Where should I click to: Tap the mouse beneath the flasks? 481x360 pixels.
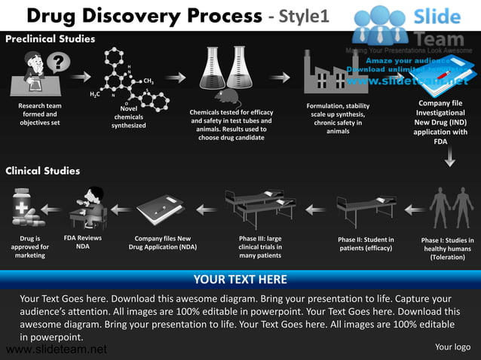pyautogui.click(x=225, y=96)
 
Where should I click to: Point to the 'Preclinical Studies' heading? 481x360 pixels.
pyautogui.click(x=51, y=38)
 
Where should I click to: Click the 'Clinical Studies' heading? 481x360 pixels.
pyautogui.click(x=43, y=171)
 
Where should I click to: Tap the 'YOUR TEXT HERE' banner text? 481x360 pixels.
pyautogui.click(x=240, y=280)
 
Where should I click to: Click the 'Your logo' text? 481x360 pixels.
pyautogui.click(x=452, y=346)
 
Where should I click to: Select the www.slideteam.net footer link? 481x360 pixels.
pyautogui.click(x=54, y=349)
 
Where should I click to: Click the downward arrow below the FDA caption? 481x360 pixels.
pyautogui.click(x=449, y=157)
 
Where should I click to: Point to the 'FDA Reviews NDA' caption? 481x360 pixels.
pyautogui.click(x=83, y=242)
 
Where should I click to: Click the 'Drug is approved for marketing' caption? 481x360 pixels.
pyautogui.click(x=30, y=247)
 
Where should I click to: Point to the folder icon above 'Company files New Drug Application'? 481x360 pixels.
pyautogui.click(x=160, y=210)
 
